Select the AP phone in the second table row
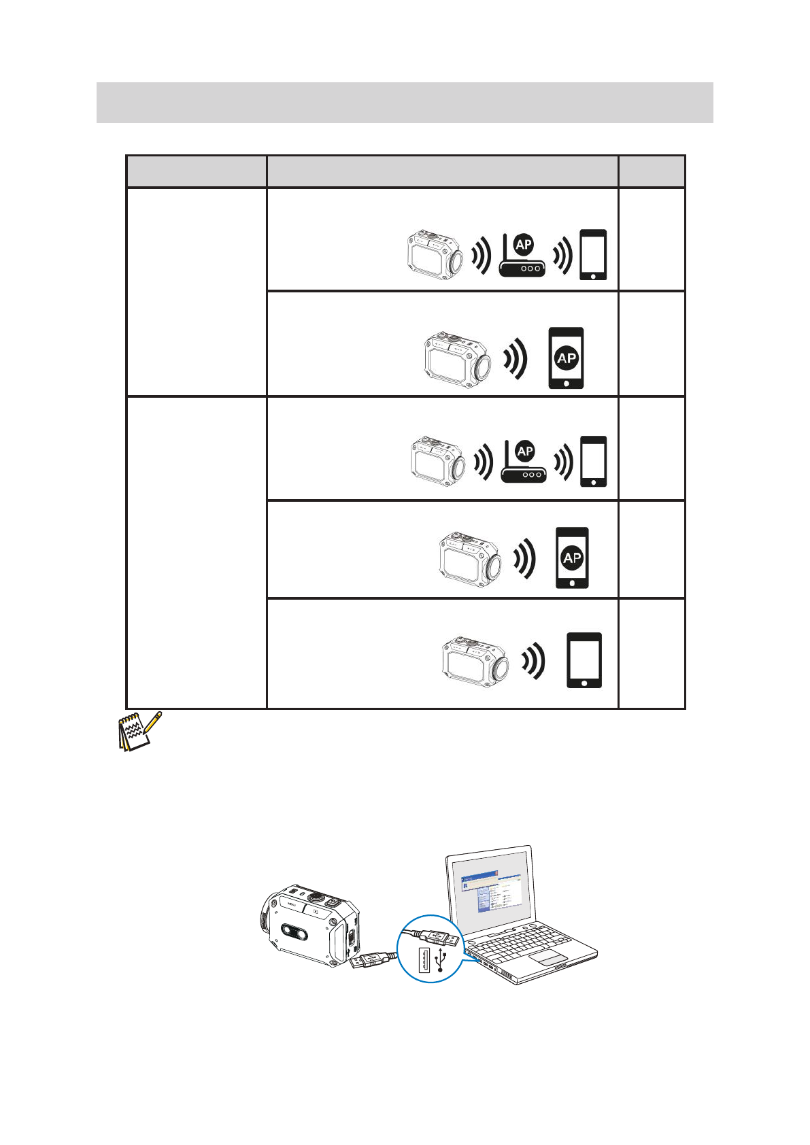566,358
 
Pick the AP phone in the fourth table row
572,558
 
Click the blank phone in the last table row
584,660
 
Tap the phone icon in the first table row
593,255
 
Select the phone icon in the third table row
594,461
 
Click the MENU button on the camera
294,904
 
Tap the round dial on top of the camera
316,898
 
